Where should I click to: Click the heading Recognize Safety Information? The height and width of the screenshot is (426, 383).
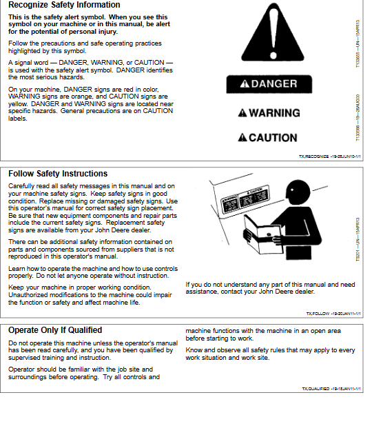coord(64,6)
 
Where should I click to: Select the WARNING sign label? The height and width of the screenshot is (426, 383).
coord(269,113)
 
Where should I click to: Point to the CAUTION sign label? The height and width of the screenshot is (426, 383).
coord(268,138)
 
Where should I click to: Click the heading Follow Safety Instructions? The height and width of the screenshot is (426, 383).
coord(58,174)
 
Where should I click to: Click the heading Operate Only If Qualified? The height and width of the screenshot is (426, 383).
coord(55,330)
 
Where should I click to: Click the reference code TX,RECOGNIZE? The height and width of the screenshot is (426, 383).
coord(327,157)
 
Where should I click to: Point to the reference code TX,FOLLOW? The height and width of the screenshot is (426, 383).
coord(333,314)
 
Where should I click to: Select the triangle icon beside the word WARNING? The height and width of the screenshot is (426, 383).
coord(242,113)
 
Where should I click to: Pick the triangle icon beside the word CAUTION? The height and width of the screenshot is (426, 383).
coord(242,138)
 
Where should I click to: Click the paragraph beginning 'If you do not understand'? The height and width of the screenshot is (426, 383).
coord(270,288)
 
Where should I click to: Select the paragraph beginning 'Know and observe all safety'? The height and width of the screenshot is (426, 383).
coord(270,354)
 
